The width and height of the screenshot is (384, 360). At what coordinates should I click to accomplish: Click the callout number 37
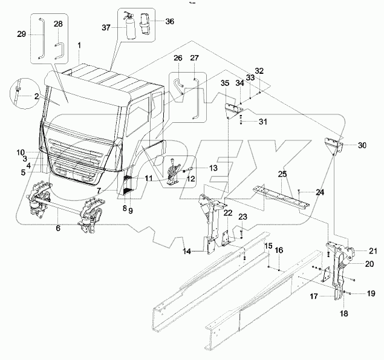106,28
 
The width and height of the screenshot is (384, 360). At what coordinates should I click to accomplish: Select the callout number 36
169,22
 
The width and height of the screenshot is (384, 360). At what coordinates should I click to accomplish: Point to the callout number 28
58,24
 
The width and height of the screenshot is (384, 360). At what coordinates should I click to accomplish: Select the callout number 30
363,145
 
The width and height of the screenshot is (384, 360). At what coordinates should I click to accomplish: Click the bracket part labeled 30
336,147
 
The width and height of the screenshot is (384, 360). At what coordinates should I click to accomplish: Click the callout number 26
178,58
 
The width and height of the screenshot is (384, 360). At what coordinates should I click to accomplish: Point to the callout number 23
242,217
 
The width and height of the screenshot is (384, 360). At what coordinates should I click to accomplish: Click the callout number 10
21,152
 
